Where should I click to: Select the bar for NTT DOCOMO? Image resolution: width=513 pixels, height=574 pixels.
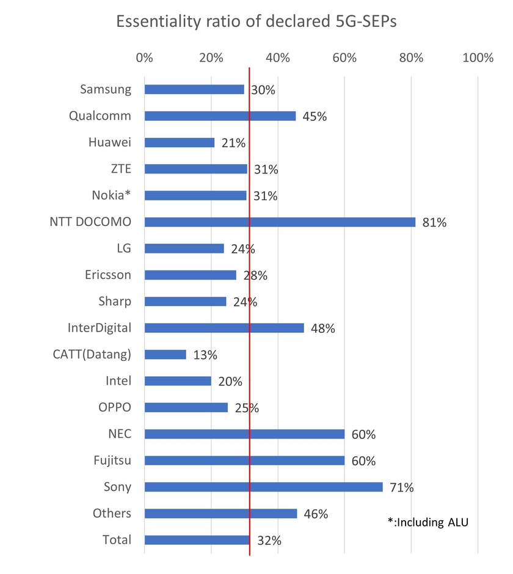point(280,222)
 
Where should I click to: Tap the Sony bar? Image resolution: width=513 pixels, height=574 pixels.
point(263,487)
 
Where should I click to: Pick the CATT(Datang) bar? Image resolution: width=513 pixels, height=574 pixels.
point(165,354)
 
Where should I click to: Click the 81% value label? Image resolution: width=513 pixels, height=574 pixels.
point(434,222)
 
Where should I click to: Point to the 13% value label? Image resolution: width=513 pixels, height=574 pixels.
point(205,355)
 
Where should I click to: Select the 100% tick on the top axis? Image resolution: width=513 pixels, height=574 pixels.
point(478,58)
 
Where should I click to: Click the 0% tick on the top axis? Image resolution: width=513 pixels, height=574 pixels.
point(145,58)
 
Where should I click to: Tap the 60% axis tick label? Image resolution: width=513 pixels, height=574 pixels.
point(344,58)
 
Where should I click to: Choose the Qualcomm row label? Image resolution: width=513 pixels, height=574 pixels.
point(100,116)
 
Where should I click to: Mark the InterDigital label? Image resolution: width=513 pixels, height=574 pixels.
point(99,328)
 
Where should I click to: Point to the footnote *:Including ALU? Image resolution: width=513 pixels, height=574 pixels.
point(428,522)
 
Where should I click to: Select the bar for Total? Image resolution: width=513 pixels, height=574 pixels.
point(197,540)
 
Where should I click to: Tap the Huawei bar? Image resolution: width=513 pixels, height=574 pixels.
point(180,142)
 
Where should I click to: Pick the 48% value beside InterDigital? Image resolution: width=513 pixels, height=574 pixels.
point(322,329)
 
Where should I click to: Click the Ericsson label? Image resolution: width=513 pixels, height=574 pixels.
point(108,275)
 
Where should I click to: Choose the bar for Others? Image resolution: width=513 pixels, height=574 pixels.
point(220,514)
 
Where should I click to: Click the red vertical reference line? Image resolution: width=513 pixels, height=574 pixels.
point(250,305)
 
